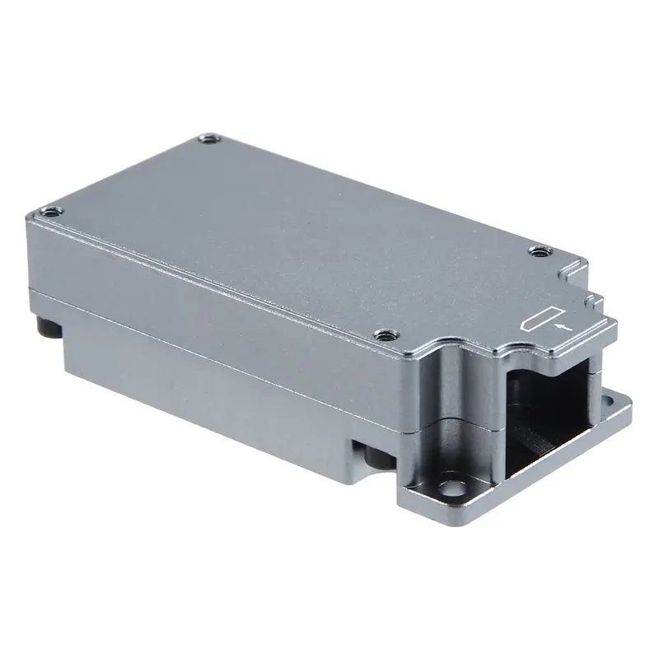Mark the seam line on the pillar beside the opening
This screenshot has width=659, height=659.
click(x=461, y=422)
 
